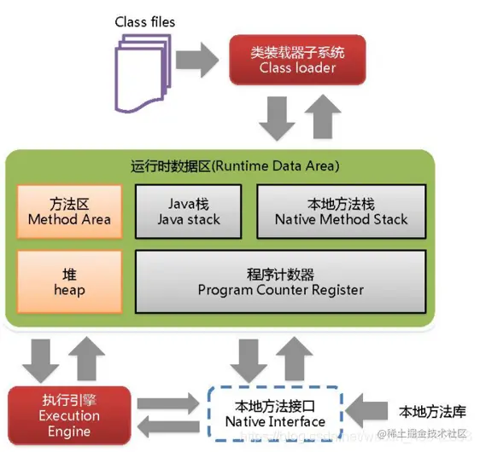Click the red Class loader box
coord(297,59)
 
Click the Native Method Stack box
coord(341,212)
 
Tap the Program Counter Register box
coord(280,282)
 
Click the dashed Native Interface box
coord(275,414)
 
